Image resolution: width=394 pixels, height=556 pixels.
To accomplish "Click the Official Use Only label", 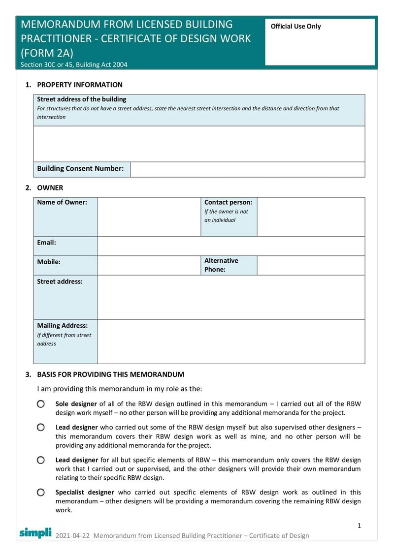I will [x=295, y=27].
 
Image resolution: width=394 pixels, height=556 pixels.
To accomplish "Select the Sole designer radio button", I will [x=40, y=404].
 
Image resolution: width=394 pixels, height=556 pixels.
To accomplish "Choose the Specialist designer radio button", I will [x=40, y=492].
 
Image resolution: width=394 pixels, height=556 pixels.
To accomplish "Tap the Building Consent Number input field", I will [x=247, y=169].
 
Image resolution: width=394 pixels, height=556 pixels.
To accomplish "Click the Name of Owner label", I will [x=62, y=202].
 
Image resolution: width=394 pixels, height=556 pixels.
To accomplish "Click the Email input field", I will [x=231, y=246].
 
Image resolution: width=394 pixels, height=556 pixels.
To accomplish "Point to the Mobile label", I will [x=49, y=262].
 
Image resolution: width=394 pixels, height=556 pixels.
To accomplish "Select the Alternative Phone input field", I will [x=311, y=265].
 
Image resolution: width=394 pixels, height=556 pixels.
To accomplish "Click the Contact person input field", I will [x=311, y=216].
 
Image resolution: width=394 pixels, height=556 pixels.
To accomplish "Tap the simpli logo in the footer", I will [x=35, y=532].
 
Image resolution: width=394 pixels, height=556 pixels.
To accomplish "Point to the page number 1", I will [x=359, y=525].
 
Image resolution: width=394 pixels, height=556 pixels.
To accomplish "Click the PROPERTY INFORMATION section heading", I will [x=80, y=85].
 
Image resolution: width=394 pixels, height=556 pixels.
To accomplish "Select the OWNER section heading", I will [x=50, y=187].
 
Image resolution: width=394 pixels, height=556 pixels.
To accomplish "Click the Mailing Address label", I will [x=63, y=325].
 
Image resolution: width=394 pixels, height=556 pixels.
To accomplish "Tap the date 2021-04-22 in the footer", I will [x=73, y=535].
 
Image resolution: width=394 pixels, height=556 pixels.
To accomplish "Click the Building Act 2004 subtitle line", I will [x=74, y=64].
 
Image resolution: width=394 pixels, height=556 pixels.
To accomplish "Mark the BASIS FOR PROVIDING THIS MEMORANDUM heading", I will [x=111, y=374].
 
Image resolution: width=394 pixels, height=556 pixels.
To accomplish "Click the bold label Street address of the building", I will [x=82, y=99].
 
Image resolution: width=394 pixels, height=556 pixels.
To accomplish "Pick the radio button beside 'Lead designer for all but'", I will [x=40, y=460].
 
